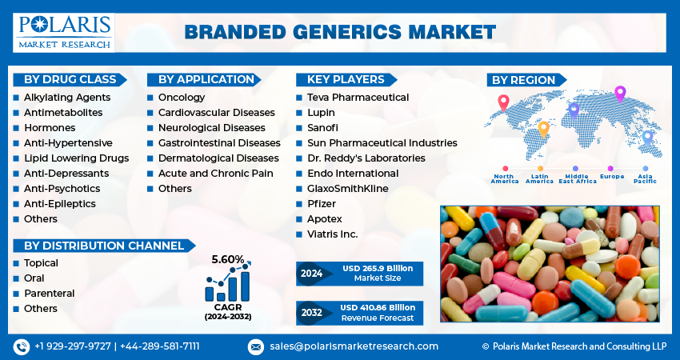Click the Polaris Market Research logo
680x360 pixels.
pyautogui.click(x=63, y=32)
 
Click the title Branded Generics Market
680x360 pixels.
pyautogui.click(x=340, y=33)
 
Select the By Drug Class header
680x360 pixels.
pyautogui.click(x=71, y=79)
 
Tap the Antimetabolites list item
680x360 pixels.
pyautogui.click(x=63, y=113)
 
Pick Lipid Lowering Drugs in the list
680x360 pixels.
pyautogui.click(x=76, y=158)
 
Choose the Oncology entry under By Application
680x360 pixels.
pyautogui.click(x=182, y=98)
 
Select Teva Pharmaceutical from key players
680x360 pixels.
pyautogui.click(x=358, y=98)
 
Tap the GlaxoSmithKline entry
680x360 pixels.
pyautogui.click(x=347, y=189)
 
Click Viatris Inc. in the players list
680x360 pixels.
pyautogui.click(x=332, y=234)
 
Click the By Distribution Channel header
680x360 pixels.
pyautogui.click(x=104, y=246)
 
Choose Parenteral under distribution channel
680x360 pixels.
pyautogui.click(x=49, y=294)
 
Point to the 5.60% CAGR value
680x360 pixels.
pyautogui.click(x=227, y=259)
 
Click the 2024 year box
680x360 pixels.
pyautogui.click(x=311, y=274)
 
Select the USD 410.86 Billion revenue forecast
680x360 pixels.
pyautogui.click(x=378, y=307)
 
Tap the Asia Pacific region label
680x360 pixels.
pyautogui.click(x=645, y=178)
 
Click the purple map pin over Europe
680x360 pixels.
pyautogui.click(x=619, y=94)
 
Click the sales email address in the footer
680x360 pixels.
pyautogui.click(x=354, y=346)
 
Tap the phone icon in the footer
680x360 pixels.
pyautogui.click(x=22, y=346)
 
